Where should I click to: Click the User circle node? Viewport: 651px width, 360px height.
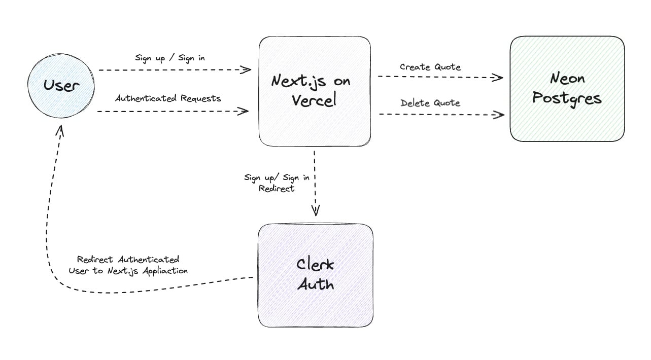(x=61, y=85)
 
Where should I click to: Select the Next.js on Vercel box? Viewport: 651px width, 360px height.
(x=315, y=91)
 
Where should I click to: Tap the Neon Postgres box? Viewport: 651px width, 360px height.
(x=567, y=88)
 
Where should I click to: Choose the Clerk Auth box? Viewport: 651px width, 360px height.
(x=315, y=275)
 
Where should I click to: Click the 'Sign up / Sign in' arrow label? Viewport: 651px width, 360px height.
(x=170, y=58)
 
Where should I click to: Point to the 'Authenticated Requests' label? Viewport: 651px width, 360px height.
(x=168, y=98)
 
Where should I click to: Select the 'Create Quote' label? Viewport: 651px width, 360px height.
(x=430, y=67)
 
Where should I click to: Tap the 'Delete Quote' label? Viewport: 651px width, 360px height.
(x=430, y=103)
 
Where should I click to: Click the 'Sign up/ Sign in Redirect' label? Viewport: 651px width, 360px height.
(x=277, y=183)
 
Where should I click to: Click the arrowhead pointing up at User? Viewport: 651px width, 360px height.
(x=60, y=130)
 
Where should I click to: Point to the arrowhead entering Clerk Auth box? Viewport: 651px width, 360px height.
(x=315, y=211)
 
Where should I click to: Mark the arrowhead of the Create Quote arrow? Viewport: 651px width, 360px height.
(x=498, y=78)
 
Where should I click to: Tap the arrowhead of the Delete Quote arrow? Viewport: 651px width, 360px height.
(x=499, y=115)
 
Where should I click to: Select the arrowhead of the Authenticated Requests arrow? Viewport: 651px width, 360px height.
(x=244, y=111)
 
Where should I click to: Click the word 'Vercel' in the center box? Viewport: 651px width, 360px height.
(x=314, y=100)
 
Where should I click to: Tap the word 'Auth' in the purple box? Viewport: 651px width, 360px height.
(x=315, y=284)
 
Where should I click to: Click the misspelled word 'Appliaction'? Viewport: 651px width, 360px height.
(x=165, y=271)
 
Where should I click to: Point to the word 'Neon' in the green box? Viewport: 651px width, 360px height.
(x=567, y=79)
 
